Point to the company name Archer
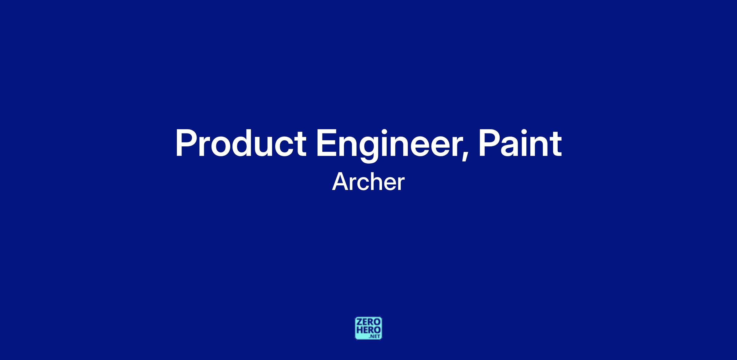tap(368, 182)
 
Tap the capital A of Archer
tap(341, 182)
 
